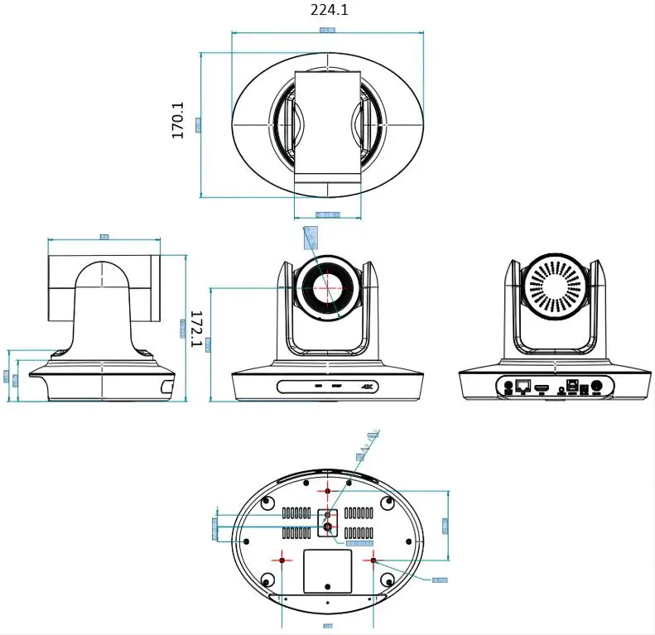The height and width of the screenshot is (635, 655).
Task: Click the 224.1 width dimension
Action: pos(330,10)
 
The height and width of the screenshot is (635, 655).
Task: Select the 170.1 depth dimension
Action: pos(178,120)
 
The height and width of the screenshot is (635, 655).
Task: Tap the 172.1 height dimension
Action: pos(197,329)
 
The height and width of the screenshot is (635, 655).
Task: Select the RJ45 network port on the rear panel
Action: pos(523,386)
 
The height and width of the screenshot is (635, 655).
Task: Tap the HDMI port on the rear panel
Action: pos(542,387)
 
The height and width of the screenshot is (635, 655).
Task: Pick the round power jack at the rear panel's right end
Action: pos(595,386)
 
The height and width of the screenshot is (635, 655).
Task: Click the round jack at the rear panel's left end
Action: pos(501,386)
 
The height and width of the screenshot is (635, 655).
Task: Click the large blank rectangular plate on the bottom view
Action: pos(327,572)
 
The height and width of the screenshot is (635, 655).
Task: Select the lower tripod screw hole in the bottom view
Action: pos(327,526)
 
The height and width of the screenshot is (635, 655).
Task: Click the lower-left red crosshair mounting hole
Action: pos(282,560)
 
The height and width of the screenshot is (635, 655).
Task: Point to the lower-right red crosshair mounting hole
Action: pos(373,560)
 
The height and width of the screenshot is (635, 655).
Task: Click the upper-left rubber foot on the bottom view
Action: pos(267,503)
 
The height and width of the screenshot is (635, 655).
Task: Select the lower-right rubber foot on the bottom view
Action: pos(388,579)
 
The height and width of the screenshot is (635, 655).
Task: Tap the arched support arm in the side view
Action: pos(104,306)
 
